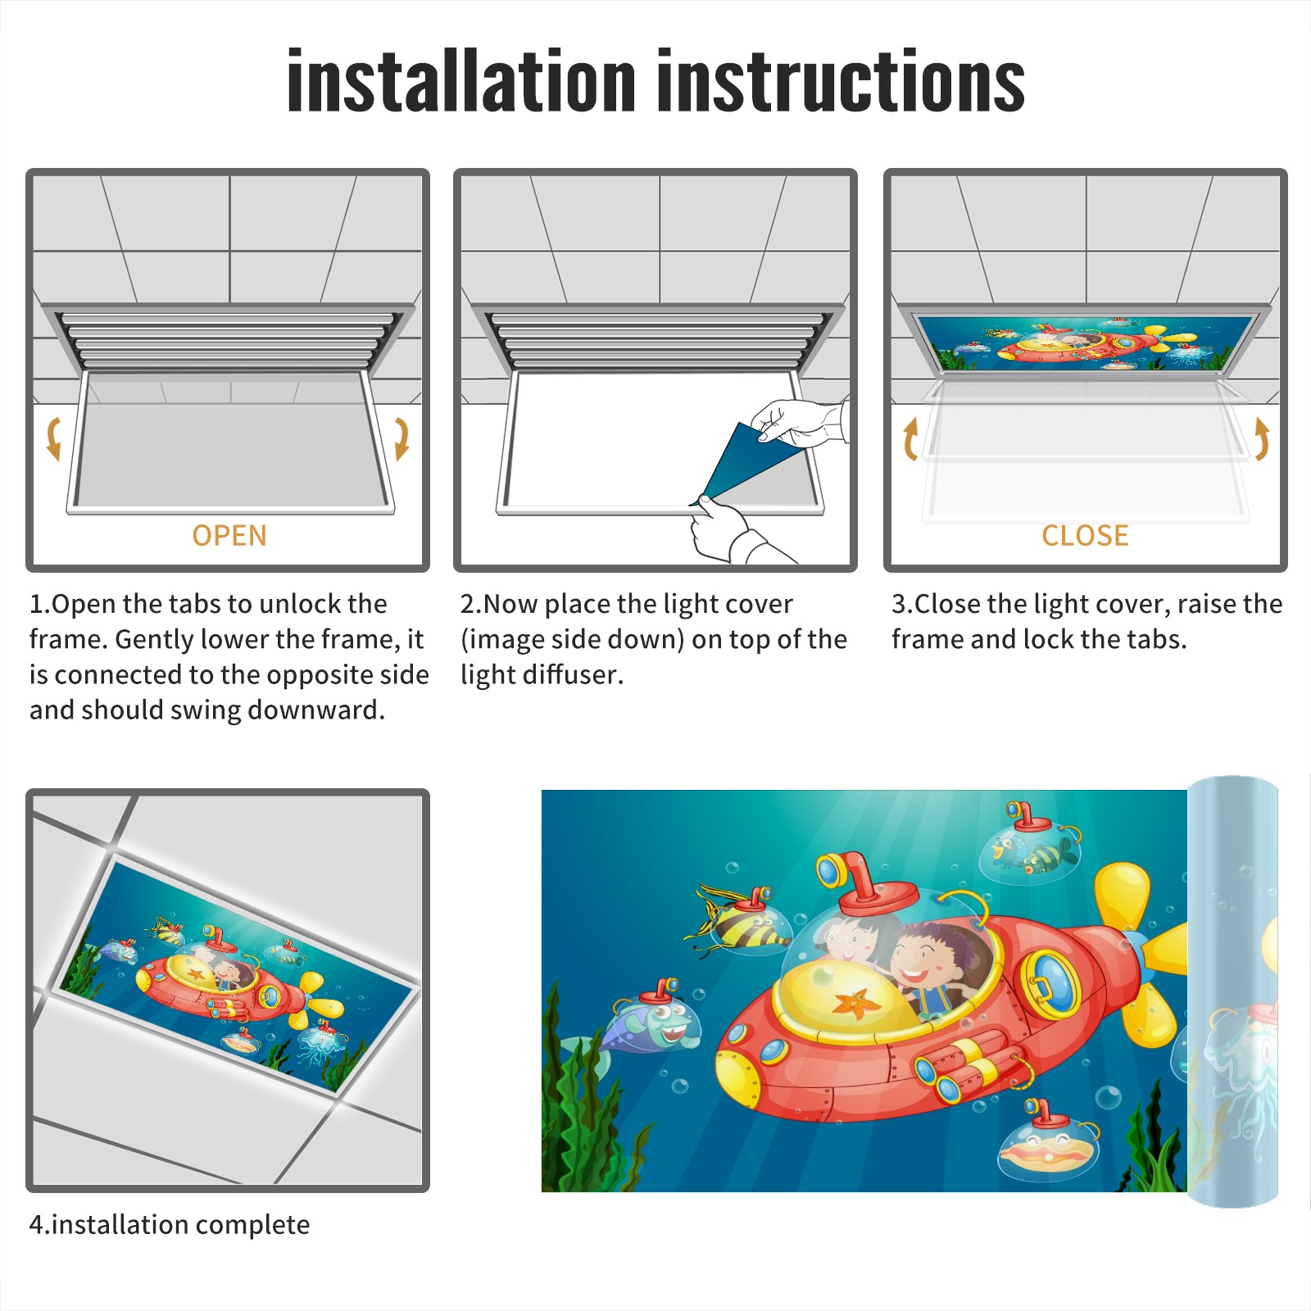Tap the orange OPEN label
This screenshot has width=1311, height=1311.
pos(229,536)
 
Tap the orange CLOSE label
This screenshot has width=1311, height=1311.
pos(1085,536)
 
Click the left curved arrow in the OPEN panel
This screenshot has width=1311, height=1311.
pos(52,438)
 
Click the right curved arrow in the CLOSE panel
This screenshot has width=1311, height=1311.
pos(1262,438)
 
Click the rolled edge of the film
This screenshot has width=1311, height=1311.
pos(1232,991)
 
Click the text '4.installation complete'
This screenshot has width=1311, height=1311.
pos(170,1224)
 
